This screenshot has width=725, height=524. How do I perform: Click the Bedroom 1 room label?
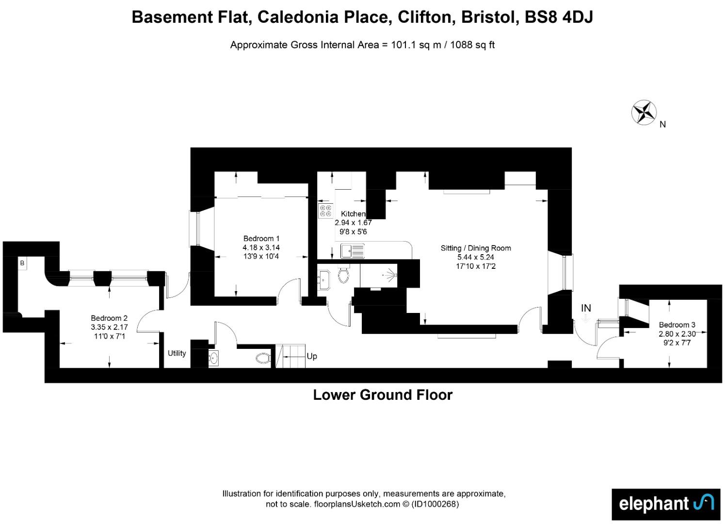point(261,239)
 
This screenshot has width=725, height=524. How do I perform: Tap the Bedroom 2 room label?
point(109,318)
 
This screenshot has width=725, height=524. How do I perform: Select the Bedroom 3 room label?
point(677,325)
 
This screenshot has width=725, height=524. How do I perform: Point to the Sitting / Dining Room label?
point(476,248)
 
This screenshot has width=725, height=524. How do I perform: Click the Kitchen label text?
point(353,214)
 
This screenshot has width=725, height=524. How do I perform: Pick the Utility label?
point(177,353)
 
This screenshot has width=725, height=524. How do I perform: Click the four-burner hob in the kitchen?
point(325,211)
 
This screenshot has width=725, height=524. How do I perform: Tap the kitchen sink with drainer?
point(353,251)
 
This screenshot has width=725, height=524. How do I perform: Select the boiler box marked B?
point(22,263)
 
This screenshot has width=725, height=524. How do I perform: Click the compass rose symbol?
point(644,113)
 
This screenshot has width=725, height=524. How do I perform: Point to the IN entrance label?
point(586,308)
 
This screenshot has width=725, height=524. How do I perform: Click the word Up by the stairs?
point(312,356)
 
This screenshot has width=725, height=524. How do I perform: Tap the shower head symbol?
point(391,275)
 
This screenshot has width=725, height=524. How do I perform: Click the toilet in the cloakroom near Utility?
point(263,358)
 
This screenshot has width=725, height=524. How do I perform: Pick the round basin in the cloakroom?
point(213,358)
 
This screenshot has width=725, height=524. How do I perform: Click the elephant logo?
point(666,504)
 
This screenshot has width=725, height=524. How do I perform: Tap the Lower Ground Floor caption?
point(383,395)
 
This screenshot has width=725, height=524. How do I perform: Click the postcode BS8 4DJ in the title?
point(559,17)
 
